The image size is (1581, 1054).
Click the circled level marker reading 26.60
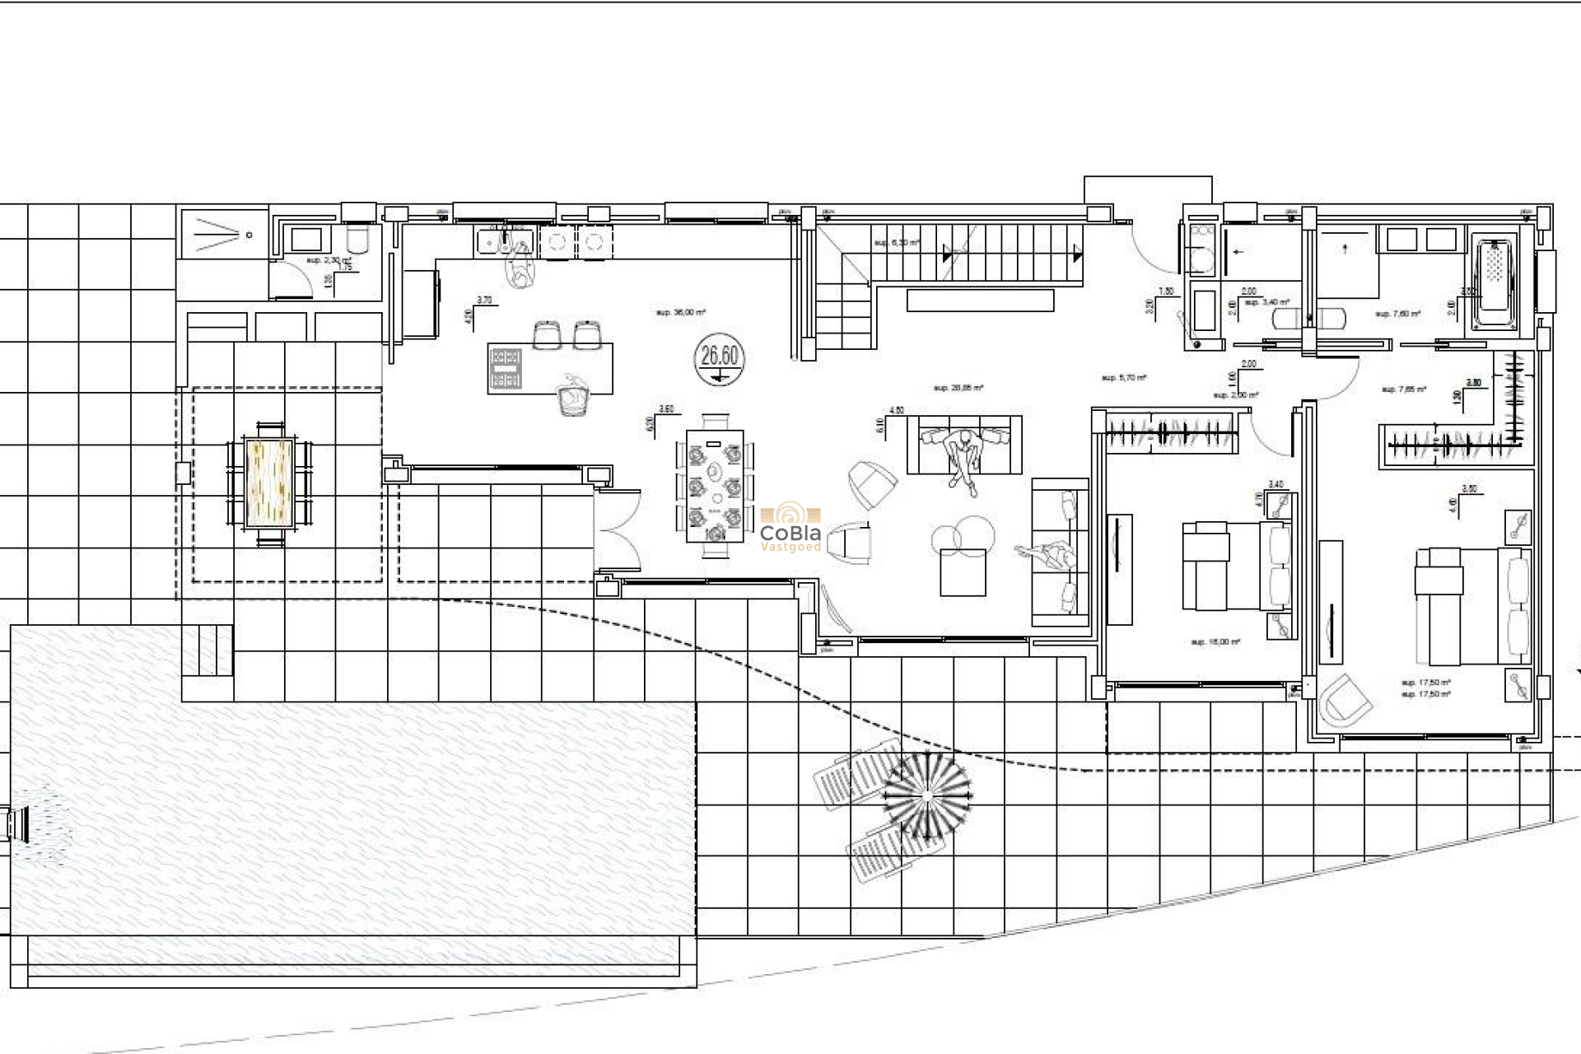click(720, 359)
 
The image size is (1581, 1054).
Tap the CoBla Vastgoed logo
click(790, 527)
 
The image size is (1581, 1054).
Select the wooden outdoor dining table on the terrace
click(270, 483)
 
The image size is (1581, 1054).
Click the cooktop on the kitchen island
click(506, 368)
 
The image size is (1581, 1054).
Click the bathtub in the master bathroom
click(1495, 284)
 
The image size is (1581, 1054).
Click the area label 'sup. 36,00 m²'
click(680, 313)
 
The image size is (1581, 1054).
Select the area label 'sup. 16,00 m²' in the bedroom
click(1215, 642)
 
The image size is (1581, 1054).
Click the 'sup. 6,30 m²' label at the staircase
click(896, 243)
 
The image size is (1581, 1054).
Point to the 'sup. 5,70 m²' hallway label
click(1124, 378)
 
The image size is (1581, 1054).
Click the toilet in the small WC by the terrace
click(357, 240)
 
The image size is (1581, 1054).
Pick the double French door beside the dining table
click(618, 530)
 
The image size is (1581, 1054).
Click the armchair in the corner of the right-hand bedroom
click(1344, 701)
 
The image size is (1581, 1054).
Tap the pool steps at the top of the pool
click(207, 651)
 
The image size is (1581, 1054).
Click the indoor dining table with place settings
click(716, 487)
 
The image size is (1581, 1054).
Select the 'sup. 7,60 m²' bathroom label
click(1397, 314)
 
